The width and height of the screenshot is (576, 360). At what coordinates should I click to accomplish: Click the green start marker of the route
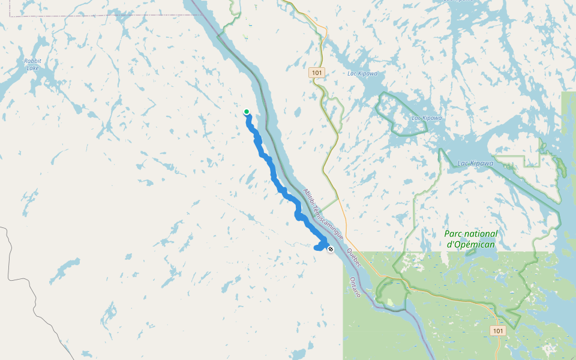[246, 112]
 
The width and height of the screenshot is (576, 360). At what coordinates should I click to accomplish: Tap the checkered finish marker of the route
[330, 248]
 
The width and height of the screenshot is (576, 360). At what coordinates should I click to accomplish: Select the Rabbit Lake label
[32, 64]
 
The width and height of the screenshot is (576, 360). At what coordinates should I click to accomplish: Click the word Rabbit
[32, 61]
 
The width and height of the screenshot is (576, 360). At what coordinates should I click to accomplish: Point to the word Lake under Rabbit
[32, 68]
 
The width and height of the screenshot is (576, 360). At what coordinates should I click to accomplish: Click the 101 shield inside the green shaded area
[497, 331]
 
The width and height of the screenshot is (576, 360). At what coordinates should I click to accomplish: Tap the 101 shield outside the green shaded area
[317, 73]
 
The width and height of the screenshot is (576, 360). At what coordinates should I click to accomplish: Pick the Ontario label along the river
[355, 287]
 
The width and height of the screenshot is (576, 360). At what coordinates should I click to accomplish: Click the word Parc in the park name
[454, 234]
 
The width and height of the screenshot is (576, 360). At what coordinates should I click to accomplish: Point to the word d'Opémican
[472, 244]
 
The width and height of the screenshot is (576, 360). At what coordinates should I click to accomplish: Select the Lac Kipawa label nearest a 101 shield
[362, 73]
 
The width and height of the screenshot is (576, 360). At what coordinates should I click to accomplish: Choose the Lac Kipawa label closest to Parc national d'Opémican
[475, 163]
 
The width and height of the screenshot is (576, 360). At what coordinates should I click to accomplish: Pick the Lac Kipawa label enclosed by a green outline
[427, 118]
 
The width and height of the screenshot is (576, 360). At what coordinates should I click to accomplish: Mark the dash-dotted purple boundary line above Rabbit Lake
[90, 16]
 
